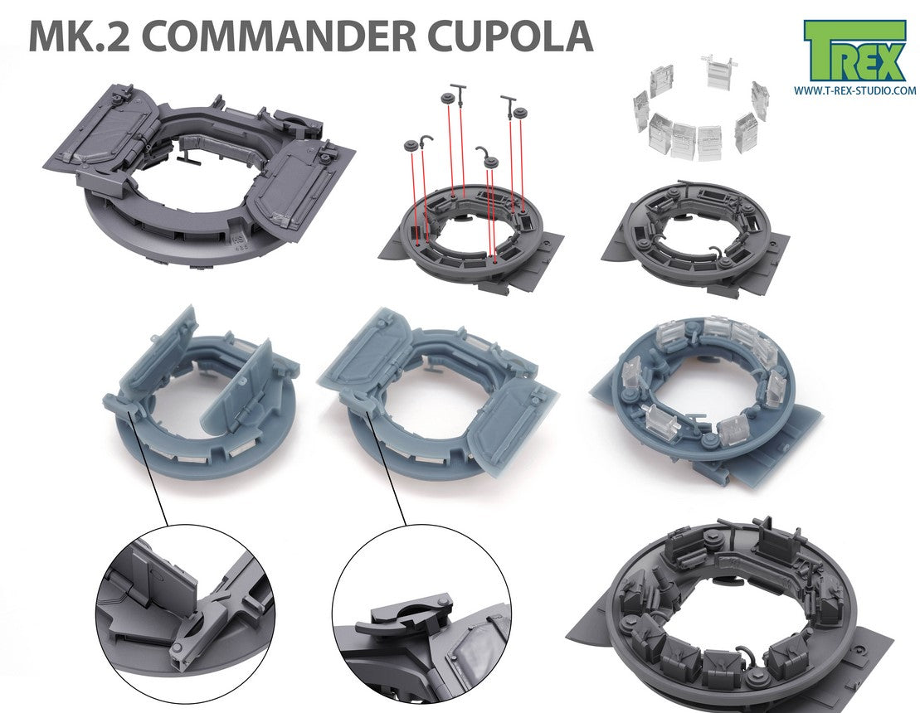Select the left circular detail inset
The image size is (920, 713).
tap(185, 614)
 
